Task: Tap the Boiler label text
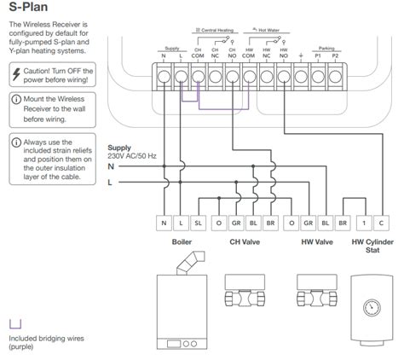(181, 242)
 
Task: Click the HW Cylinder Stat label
(372, 247)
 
